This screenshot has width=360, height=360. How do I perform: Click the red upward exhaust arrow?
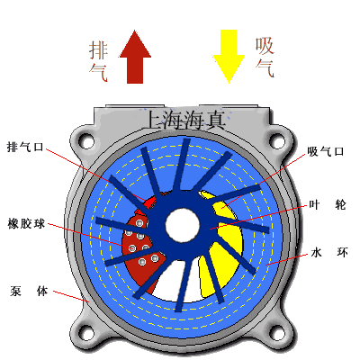click(135, 57)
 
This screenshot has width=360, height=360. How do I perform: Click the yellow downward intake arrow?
click(229, 57)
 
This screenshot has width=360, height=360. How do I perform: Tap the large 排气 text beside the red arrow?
click(98, 61)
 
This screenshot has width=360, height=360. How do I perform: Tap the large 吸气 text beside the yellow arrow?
click(265, 58)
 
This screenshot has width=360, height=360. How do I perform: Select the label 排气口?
click(25, 147)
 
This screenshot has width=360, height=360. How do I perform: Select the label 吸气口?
click(326, 151)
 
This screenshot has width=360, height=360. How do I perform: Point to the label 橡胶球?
click(26, 224)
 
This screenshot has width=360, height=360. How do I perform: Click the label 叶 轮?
click(328, 205)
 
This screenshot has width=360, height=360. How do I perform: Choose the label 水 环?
click(329, 253)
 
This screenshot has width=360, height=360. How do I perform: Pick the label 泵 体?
click(29, 291)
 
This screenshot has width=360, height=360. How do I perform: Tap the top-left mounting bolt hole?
click(86, 139)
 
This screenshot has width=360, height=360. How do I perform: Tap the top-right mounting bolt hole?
click(278, 139)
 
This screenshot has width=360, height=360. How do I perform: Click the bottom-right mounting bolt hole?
click(278, 332)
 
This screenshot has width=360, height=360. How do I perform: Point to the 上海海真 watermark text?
click(185, 120)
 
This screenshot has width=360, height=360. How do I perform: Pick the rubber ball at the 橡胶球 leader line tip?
click(132, 248)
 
